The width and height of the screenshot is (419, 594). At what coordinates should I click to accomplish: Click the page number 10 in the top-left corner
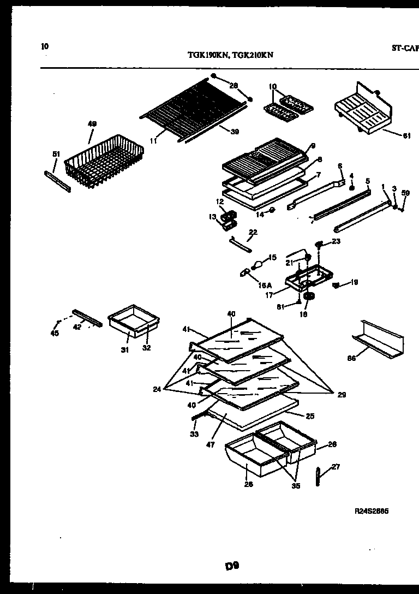click(45, 46)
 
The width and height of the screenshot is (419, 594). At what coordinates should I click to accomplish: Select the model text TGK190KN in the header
click(205, 55)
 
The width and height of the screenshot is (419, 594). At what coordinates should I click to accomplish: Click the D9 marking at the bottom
click(232, 566)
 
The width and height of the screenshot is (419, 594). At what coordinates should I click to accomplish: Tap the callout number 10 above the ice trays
click(273, 86)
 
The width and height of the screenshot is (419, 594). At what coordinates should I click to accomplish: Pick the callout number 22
click(252, 233)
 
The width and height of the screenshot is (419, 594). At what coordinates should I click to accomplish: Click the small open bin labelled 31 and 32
click(133, 324)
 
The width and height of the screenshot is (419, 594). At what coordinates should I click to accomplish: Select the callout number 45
click(55, 334)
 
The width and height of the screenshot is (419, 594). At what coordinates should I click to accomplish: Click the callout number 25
click(310, 416)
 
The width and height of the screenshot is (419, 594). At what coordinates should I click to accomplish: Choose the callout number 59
click(405, 193)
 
